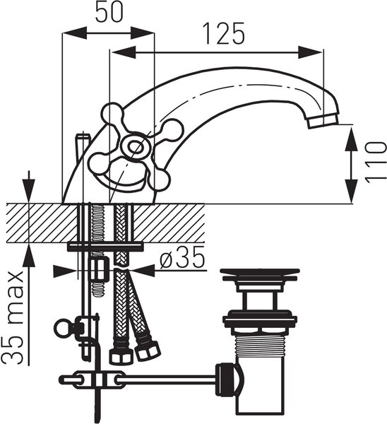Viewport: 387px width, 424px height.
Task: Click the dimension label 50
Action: pyautogui.click(x=109, y=13)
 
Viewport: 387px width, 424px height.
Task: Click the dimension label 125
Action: pyautogui.click(x=225, y=33)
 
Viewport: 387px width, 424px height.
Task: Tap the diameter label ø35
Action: pyautogui.click(x=182, y=258)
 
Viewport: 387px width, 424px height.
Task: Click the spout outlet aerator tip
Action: pyautogui.click(x=323, y=121)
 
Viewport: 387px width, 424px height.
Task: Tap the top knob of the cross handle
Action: pyautogui.click(x=112, y=112)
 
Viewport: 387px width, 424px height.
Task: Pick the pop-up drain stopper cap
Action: pyautogui.click(x=260, y=274)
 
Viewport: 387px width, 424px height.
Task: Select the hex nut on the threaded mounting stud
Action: pyautogui.click(x=100, y=270)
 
